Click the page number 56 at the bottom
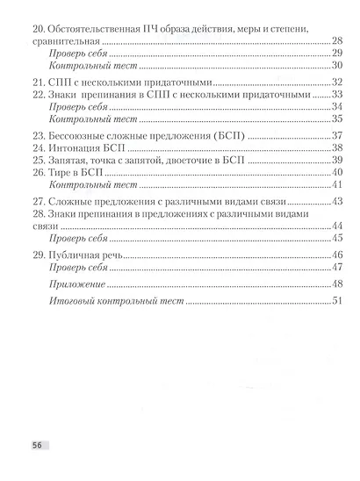[x=40, y=445]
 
